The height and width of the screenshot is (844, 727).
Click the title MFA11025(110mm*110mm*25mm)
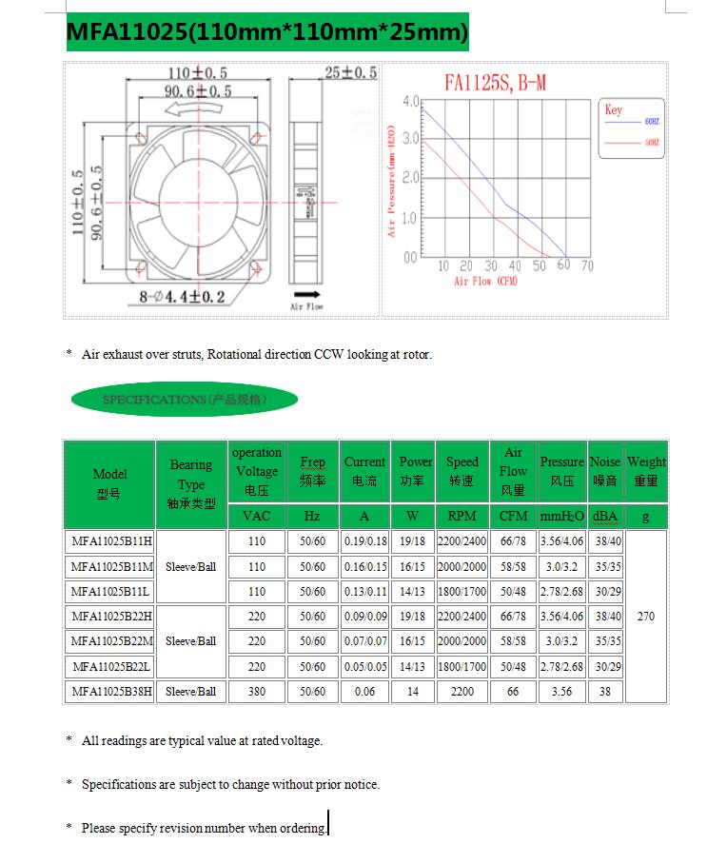(267, 33)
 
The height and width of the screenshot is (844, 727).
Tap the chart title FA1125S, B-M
(495, 83)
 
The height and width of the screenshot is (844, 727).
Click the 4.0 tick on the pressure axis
(410, 101)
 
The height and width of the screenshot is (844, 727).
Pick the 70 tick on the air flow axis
(587, 266)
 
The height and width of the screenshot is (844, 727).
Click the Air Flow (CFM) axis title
(485, 282)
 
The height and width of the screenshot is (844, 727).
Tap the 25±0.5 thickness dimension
(350, 72)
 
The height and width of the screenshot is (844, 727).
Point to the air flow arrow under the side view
(306, 294)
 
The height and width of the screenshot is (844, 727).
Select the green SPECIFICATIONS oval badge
(185, 400)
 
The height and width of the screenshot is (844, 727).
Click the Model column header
(109, 483)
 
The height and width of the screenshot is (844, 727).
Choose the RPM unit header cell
(462, 517)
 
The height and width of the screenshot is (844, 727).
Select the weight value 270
(646, 617)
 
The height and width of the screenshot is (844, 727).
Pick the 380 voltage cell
(257, 692)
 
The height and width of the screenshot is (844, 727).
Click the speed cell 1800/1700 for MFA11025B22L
(462, 667)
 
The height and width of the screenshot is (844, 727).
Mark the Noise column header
(605, 471)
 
